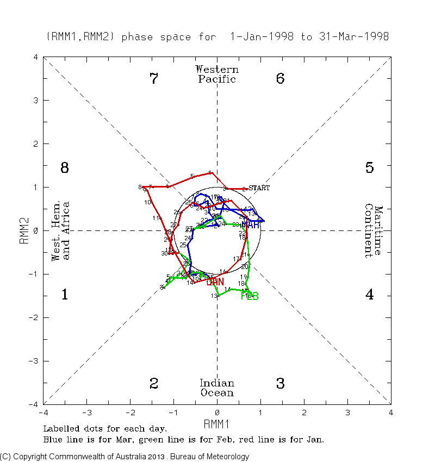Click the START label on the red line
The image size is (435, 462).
[259, 188]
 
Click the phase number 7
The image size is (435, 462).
[154, 79]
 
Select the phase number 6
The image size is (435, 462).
[280, 79]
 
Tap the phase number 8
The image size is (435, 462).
[64, 168]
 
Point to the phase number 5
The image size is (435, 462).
[369, 168]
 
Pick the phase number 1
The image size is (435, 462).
[64, 295]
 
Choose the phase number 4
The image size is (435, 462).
[369, 295]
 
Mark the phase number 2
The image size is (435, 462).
[154, 384]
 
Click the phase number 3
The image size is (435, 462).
[280, 384]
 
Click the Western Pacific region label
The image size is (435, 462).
[217, 74]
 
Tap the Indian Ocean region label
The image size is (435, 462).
[217, 388]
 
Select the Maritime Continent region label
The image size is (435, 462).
[374, 230]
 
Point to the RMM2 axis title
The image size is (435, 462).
[24, 230]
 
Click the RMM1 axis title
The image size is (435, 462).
[217, 423]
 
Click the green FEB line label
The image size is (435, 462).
[250, 296]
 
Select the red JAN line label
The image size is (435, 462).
[215, 282]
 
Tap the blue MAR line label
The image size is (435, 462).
[251, 224]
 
